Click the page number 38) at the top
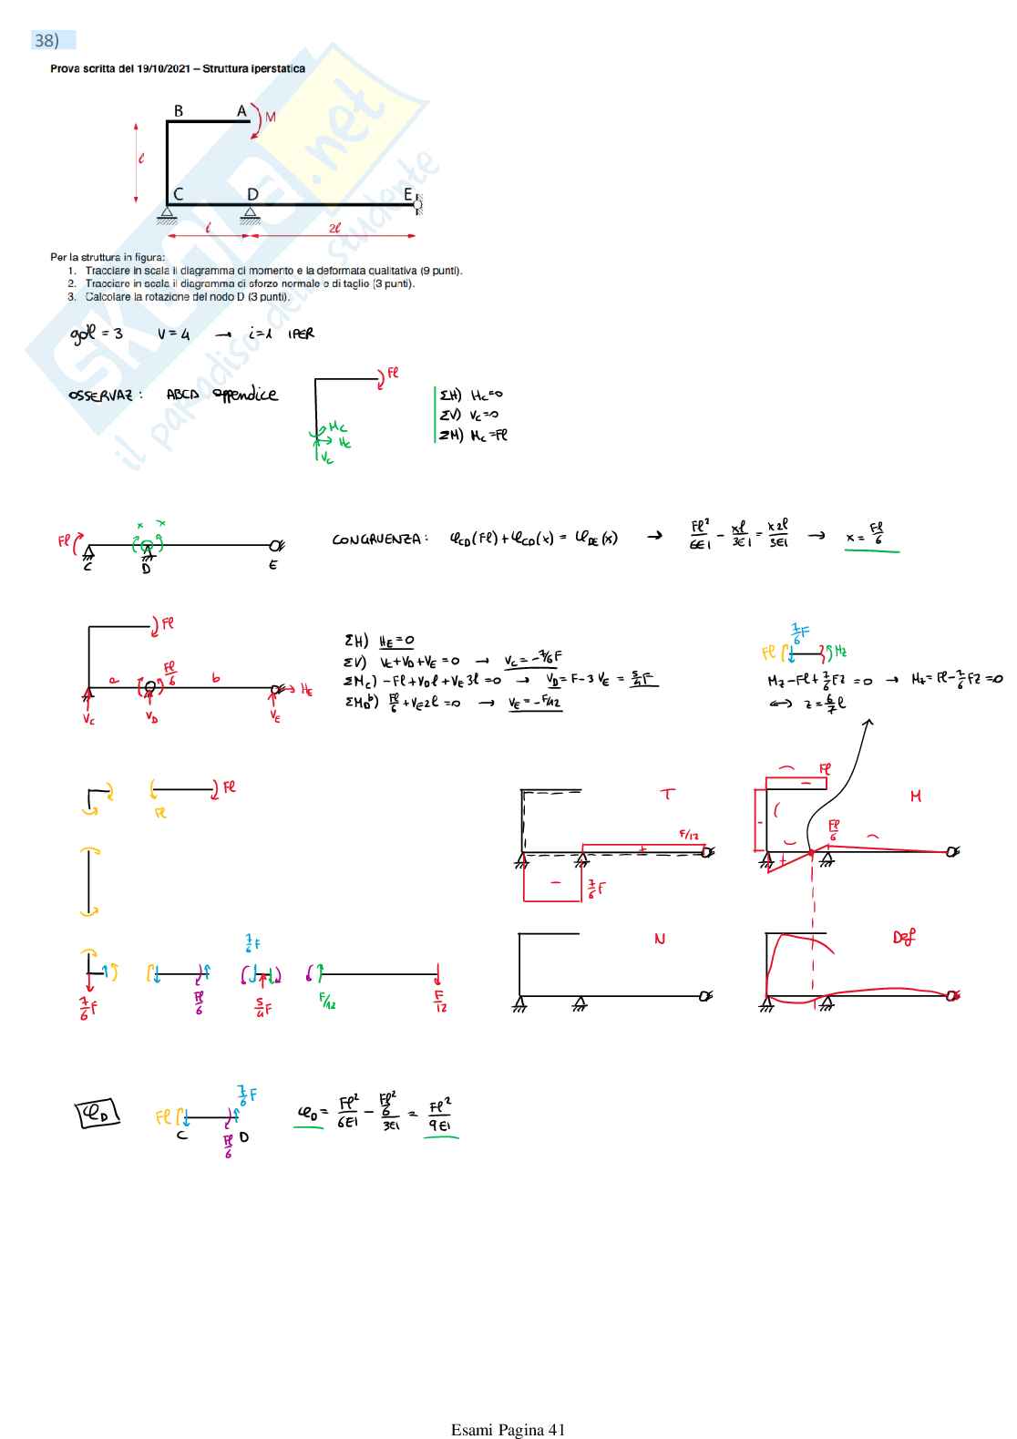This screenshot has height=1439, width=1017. coord(46,40)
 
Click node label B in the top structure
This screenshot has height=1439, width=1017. coord(179,111)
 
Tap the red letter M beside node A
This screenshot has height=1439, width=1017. coord(271,118)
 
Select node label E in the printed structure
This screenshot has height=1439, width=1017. coord(408,194)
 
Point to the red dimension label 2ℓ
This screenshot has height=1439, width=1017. coord(334,229)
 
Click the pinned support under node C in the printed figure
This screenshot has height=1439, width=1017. coord(167,215)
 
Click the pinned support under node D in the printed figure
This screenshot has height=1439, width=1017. coord(250,215)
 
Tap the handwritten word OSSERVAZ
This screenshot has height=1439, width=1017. coord(100,396)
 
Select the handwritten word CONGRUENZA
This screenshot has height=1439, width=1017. coord(376,540)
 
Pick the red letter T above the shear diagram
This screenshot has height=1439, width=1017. coord(668,794)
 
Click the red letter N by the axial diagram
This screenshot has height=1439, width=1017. coord(660,939)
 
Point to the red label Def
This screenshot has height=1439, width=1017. coord(904,937)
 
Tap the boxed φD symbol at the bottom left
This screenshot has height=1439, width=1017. coord(98,1114)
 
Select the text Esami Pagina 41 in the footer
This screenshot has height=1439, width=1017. coord(508,1429)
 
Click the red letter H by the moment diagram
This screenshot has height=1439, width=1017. coord(915,797)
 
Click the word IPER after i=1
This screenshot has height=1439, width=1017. coord(301,334)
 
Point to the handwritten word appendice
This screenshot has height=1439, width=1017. coord(245,395)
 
